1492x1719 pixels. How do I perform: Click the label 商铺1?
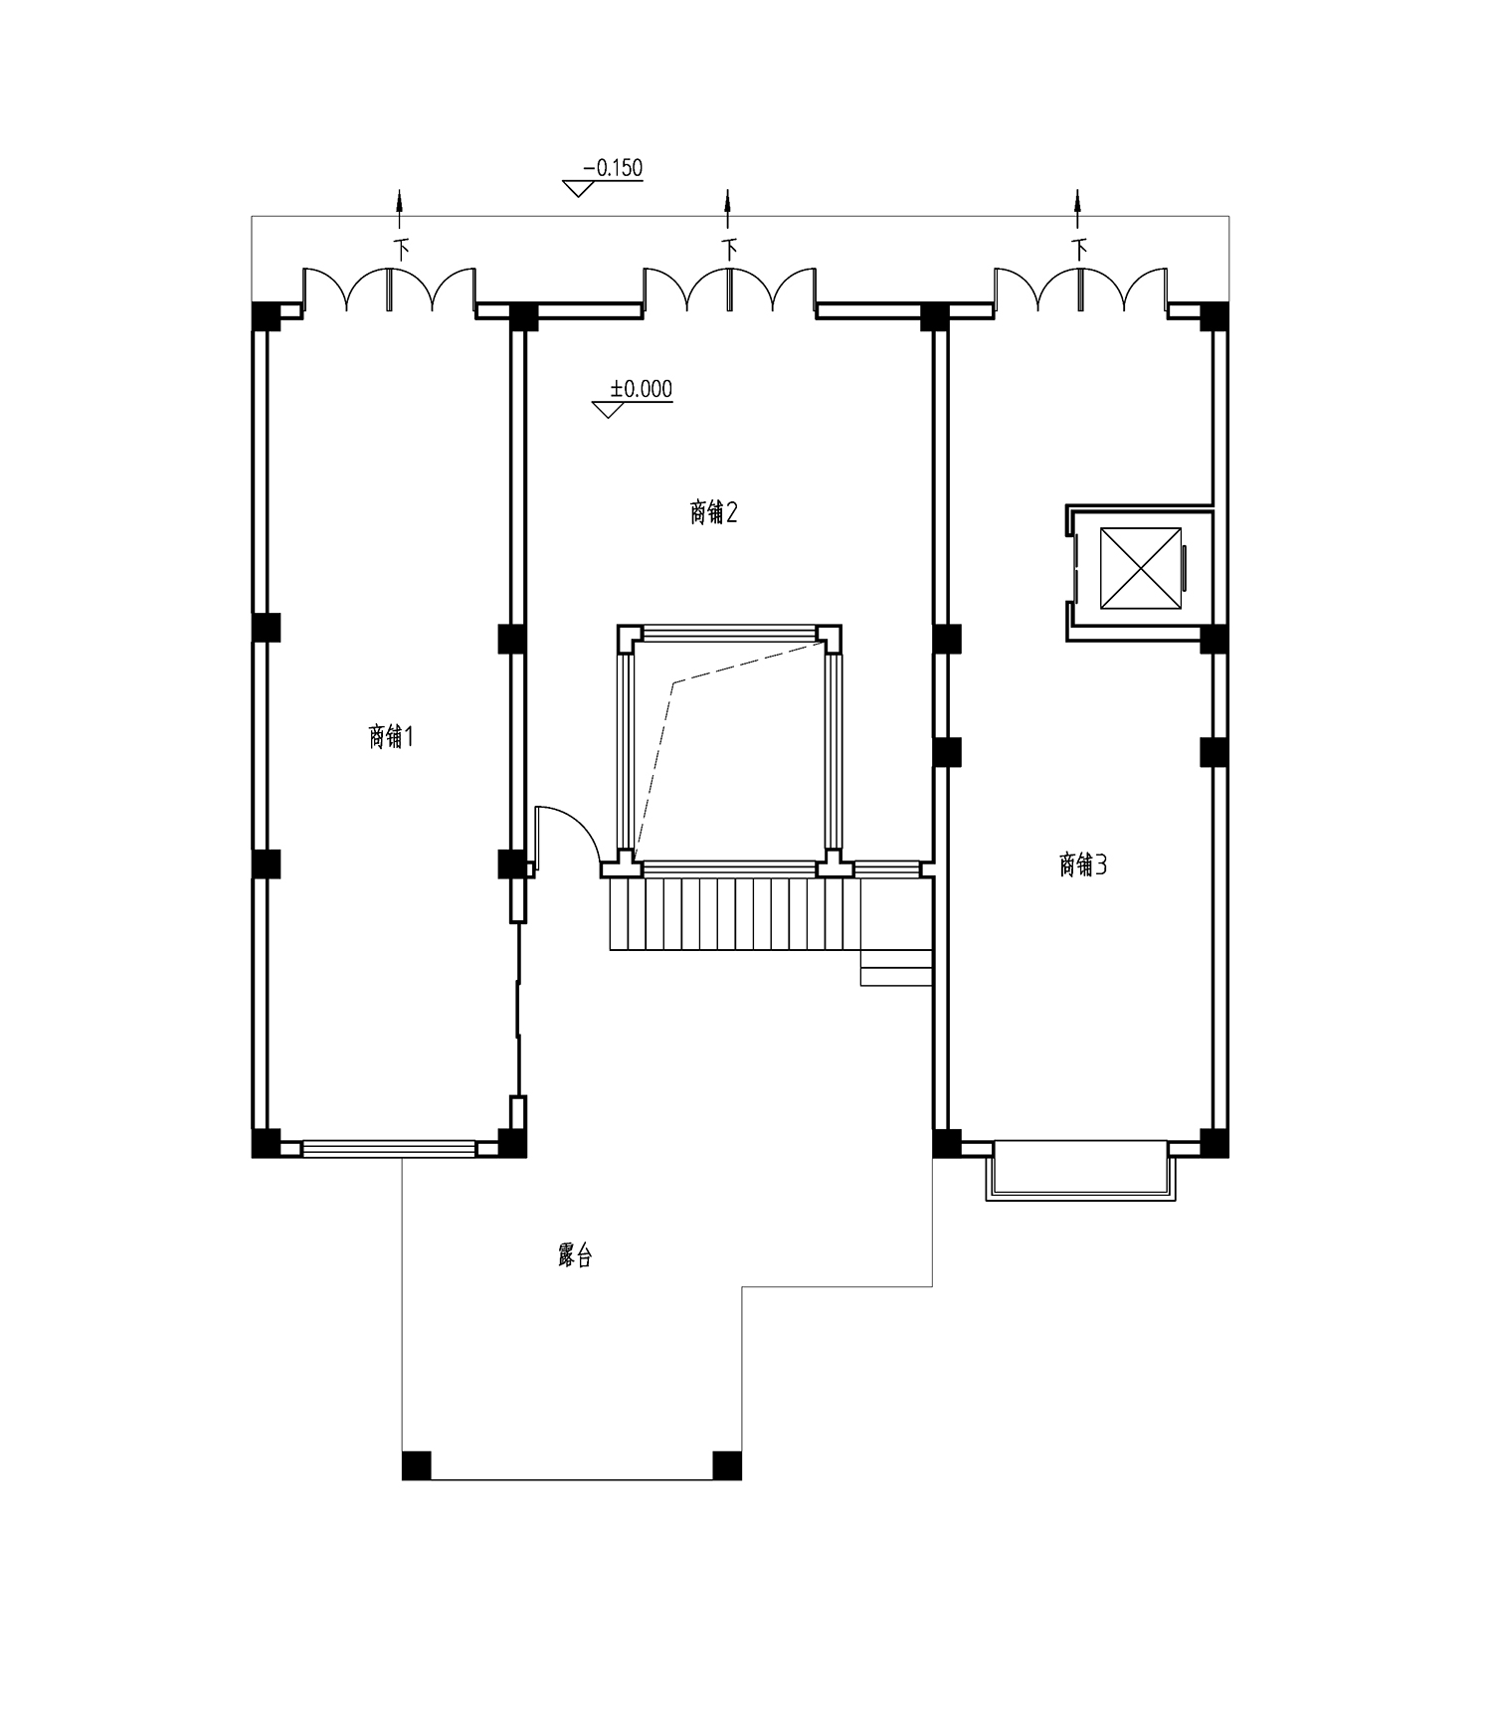coord(391,737)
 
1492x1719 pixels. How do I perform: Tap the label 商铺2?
coord(713,512)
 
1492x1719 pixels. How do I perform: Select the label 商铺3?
coord(1083,864)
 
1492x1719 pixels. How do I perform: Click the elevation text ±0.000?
coord(641,389)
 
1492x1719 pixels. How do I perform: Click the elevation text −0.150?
coord(613,168)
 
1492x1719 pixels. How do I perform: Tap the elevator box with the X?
coord(1140,567)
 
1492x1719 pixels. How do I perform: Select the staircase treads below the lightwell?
coord(735,913)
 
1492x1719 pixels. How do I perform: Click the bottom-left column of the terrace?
coord(417,1465)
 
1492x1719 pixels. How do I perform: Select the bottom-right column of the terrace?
coord(727,1465)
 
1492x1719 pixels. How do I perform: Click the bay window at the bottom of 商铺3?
coord(1080,1170)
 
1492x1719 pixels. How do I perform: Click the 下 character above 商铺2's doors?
coord(730,249)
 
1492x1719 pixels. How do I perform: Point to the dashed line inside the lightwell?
coord(726,751)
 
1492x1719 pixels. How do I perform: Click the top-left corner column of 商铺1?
coord(266,315)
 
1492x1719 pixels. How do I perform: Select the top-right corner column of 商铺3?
coord(1214,316)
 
